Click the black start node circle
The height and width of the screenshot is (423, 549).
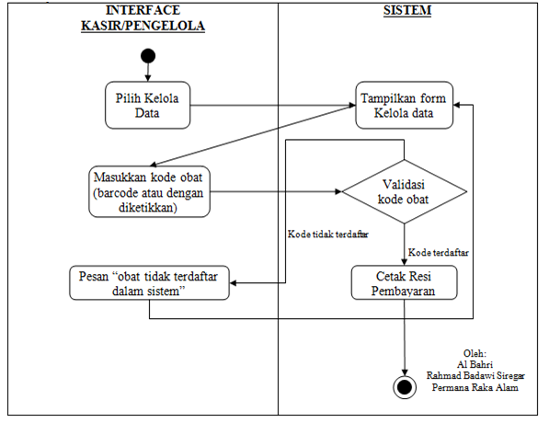146,56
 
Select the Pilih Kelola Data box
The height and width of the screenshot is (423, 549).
146,107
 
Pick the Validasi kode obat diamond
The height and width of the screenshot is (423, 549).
405,192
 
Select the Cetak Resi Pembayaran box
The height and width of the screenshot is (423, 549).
405,283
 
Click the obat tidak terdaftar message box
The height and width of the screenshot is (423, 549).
149,283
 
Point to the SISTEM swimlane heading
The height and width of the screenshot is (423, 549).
407,11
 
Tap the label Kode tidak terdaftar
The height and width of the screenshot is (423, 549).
327,234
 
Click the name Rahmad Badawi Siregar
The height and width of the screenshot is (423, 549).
480,374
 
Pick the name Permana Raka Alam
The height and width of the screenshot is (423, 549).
480,386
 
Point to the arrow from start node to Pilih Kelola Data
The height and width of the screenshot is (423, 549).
146,74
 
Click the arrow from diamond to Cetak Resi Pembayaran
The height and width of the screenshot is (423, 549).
405,246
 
